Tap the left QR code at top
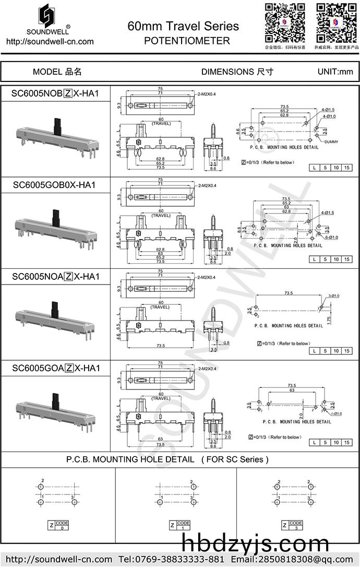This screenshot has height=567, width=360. click(284, 22)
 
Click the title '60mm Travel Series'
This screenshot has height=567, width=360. click(183, 26)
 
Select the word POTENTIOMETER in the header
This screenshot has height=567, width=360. click(187, 41)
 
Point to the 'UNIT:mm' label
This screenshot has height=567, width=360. click(335, 72)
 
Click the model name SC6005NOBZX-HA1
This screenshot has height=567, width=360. click(55, 93)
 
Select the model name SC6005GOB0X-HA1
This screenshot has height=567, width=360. click(55, 185)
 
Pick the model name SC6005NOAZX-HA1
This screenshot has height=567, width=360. click(55, 276)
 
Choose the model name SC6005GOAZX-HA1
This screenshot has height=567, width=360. click(55, 368)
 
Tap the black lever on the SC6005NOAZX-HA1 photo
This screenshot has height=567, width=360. click(54, 308)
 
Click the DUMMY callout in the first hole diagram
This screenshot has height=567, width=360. click(331, 142)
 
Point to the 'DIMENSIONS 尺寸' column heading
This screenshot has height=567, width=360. click(237, 72)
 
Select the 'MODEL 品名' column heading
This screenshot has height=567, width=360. click(57, 72)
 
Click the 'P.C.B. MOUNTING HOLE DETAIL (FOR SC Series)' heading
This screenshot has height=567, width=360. click(167, 459)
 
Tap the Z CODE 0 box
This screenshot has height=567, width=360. click(58, 525)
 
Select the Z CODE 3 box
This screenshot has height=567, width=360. click(292, 525)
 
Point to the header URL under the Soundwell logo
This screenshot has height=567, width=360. click(50, 42)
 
